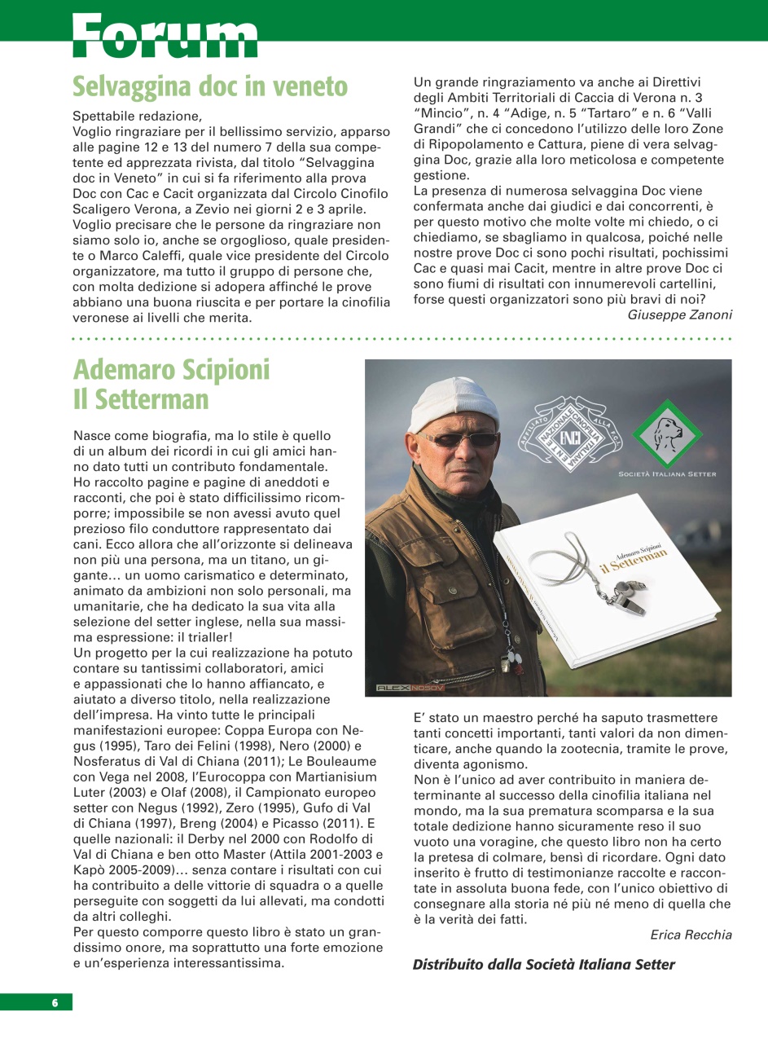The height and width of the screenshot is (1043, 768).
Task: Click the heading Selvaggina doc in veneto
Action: pos(210,86)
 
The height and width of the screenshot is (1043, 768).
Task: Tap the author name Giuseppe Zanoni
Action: pos(679,315)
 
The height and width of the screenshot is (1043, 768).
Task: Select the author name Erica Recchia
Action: pos(691,935)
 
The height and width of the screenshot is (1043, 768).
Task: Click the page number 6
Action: pos(55,1002)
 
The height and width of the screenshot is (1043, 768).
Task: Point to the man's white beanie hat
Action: pos(453,403)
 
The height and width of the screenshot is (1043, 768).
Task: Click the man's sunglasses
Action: pos(461,439)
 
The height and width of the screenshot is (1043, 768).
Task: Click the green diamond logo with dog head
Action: pos(668,435)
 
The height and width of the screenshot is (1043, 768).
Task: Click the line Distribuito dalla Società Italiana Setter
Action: pos(544,965)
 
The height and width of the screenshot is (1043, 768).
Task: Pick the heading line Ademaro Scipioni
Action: pos(171,370)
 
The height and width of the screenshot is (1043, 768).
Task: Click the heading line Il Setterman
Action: pos(141,400)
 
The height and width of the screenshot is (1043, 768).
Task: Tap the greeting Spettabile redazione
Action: pos(135,116)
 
